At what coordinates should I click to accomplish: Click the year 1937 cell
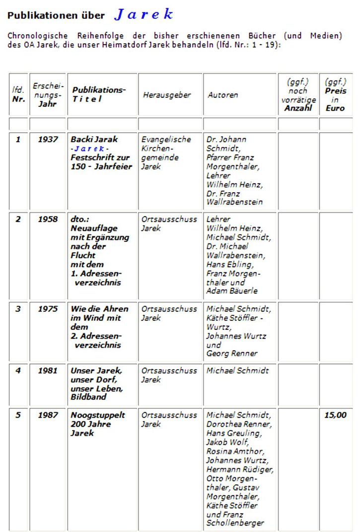click(48, 140)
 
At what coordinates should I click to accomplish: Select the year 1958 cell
click(48, 219)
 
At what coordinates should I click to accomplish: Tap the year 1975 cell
click(48, 309)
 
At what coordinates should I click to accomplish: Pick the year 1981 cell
click(48, 371)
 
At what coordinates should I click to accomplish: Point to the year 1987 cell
click(48, 415)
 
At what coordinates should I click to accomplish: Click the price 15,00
click(335, 415)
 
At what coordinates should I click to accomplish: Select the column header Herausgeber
click(167, 95)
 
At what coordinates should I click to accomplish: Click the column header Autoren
click(222, 95)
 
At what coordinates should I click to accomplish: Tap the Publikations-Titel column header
click(99, 94)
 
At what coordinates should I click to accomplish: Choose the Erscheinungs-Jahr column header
click(48, 95)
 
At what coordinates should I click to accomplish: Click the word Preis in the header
click(336, 91)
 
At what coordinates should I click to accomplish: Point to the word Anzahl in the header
click(298, 108)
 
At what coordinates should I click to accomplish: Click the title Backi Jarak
click(94, 140)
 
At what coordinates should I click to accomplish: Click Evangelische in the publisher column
click(166, 140)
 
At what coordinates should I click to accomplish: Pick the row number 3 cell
click(18, 309)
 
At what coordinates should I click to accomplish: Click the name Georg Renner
click(232, 354)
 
